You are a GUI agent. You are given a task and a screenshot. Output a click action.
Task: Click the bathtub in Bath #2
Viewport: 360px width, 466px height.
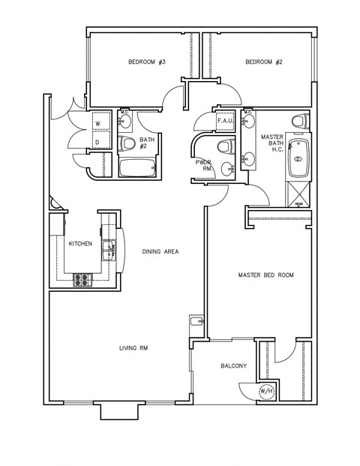[x=137, y=167]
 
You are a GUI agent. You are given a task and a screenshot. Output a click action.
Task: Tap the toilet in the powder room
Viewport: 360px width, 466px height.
[x=223, y=145]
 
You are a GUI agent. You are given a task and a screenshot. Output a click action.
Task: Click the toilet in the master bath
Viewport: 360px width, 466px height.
[x=299, y=121]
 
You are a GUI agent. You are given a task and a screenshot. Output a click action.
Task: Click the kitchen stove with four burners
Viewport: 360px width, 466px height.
[x=82, y=280]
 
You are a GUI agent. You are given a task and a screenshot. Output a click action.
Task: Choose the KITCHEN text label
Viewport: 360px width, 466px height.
[x=80, y=245]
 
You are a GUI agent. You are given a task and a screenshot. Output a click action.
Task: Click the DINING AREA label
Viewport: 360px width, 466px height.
[x=160, y=251]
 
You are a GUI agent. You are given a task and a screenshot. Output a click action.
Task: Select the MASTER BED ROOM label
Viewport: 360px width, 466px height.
[x=265, y=275]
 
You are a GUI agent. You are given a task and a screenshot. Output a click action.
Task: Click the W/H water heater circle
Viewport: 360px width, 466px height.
[x=266, y=392]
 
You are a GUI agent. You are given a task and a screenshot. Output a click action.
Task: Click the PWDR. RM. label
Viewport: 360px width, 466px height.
[x=202, y=166]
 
